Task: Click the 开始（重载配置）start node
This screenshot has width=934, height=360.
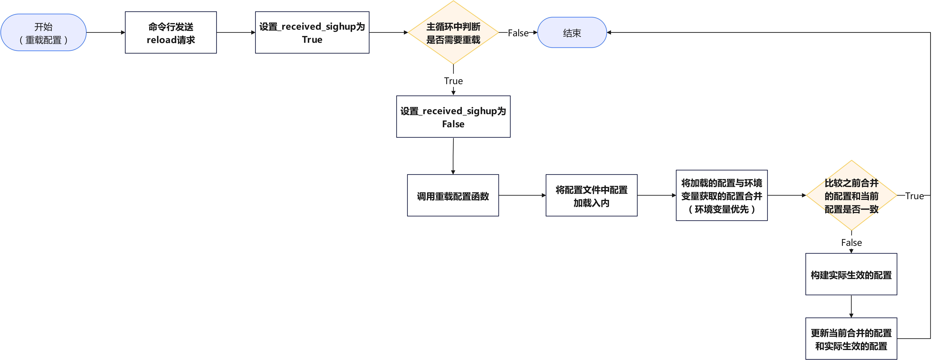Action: pyautogui.click(x=43, y=33)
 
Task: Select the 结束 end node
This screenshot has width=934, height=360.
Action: pyautogui.click(x=572, y=33)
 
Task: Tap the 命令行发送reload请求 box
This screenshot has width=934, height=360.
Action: pyautogui.click(x=171, y=33)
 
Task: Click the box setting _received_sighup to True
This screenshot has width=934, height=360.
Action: pyautogui.click(x=312, y=33)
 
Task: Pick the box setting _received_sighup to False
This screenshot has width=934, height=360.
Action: pyautogui.click(x=453, y=117)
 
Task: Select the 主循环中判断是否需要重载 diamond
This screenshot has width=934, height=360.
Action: pyautogui.click(x=453, y=33)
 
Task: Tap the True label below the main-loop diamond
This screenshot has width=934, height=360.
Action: pyautogui.click(x=453, y=81)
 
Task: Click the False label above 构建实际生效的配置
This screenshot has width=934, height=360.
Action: pyautogui.click(x=851, y=242)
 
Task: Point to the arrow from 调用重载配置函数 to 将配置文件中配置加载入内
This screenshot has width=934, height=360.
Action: pyautogui.click(x=522, y=195)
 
